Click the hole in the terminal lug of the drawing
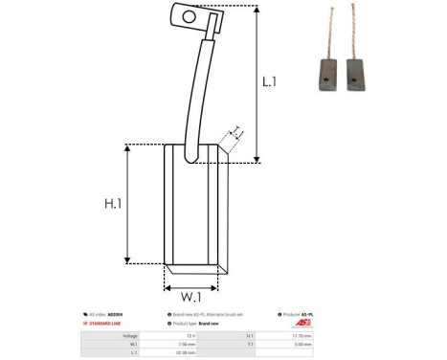188,15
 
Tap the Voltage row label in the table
128,335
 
